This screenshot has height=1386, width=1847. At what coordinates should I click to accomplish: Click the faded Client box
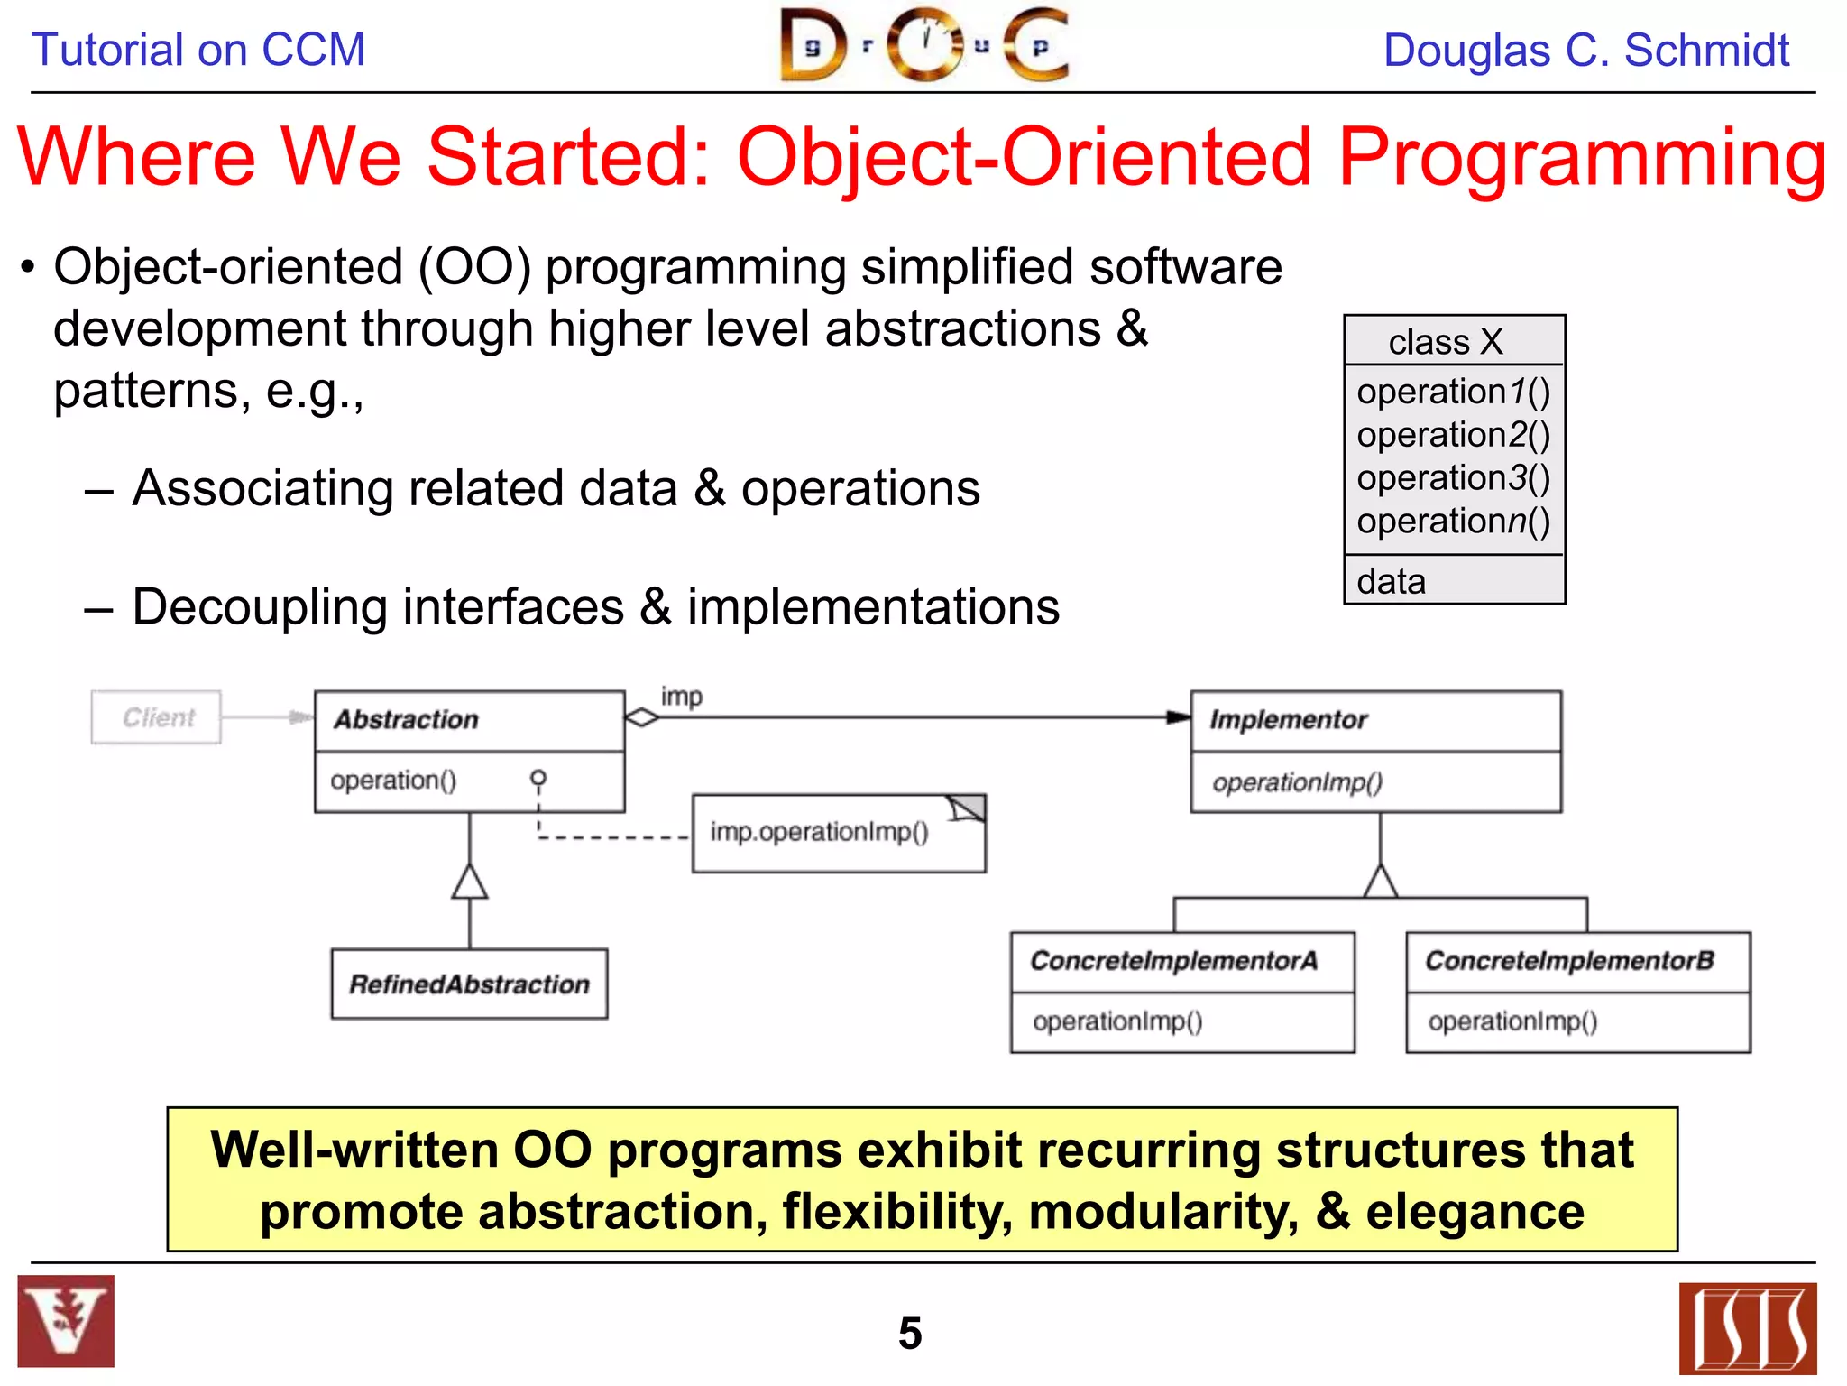[156, 717]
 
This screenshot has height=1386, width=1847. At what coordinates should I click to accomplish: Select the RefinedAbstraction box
[469, 984]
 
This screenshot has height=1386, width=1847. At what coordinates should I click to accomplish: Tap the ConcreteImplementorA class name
[1173, 961]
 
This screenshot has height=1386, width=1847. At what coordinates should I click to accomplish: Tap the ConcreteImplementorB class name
[1569, 961]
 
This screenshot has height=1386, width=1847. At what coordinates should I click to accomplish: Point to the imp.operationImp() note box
[838, 833]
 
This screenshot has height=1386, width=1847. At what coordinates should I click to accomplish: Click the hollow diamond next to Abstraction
[642, 717]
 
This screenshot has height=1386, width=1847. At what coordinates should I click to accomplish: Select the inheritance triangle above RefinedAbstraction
[470, 882]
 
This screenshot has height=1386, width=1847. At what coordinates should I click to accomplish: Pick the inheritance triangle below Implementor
[1381, 881]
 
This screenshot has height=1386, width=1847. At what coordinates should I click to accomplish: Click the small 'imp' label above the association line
[681, 697]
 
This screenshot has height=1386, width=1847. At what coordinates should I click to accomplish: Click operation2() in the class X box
[1453, 435]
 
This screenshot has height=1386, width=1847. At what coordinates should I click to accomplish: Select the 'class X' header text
[1446, 342]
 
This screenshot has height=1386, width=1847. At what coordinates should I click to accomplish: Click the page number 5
[910, 1333]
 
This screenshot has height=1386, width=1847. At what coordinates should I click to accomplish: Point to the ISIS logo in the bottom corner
[1747, 1327]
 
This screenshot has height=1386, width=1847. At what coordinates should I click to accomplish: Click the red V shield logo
[66, 1321]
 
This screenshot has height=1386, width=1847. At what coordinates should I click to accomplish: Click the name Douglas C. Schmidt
[1585, 51]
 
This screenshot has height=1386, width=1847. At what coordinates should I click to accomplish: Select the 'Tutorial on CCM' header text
[198, 50]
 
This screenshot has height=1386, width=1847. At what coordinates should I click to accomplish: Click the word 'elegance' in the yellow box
[1475, 1211]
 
